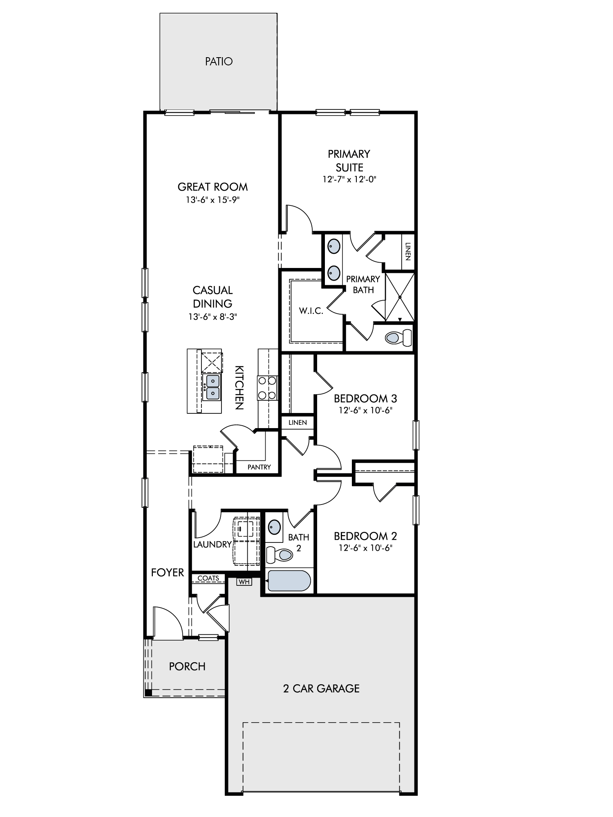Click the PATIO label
[219, 61]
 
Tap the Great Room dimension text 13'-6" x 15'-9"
[213, 200]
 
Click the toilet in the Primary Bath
[399, 337]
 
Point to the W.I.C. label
[311, 311]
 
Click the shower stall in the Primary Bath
[400, 297]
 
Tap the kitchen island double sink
[213, 387]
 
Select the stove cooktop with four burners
[267, 388]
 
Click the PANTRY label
[259, 467]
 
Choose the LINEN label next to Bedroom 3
[298, 422]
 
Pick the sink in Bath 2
[274, 527]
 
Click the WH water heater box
[244, 582]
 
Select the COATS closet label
[208, 578]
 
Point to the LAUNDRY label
[213, 545]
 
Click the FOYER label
[168, 573]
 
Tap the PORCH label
[187, 666]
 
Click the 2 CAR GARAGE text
[321, 688]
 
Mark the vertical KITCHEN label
[239, 388]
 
